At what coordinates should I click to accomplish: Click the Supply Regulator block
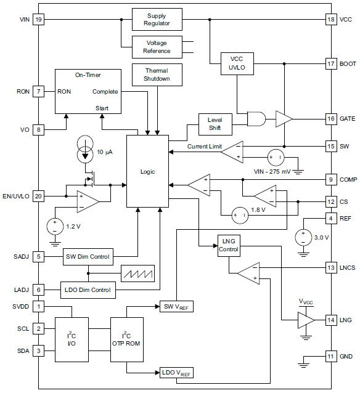click(157, 19)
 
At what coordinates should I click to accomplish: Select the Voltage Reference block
click(157, 47)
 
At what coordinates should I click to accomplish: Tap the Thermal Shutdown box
click(157, 75)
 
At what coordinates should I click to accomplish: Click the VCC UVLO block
click(237, 63)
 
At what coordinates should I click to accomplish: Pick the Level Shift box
click(215, 124)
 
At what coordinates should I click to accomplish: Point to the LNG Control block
click(229, 246)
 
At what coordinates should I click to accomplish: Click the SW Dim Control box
click(88, 257)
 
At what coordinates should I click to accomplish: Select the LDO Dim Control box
click(88, 290)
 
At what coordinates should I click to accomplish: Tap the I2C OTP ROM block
click(127, 339)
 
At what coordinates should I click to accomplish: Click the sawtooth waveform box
click(137, 273)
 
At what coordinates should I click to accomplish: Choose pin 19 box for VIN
click(38, 19)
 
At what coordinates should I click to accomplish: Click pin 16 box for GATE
click(331, 119)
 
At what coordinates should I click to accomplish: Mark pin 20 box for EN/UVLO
click(38, 196)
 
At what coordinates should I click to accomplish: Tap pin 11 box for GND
click(331, 357)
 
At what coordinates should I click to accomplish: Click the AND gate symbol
click(256, 119)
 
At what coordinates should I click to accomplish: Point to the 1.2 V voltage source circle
click(55, 226)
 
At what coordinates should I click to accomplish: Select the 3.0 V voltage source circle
click(303, 238)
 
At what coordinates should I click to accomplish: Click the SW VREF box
click(176, 307)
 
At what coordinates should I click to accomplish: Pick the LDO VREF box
click(176, 373)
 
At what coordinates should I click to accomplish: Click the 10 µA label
click(105, 152)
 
